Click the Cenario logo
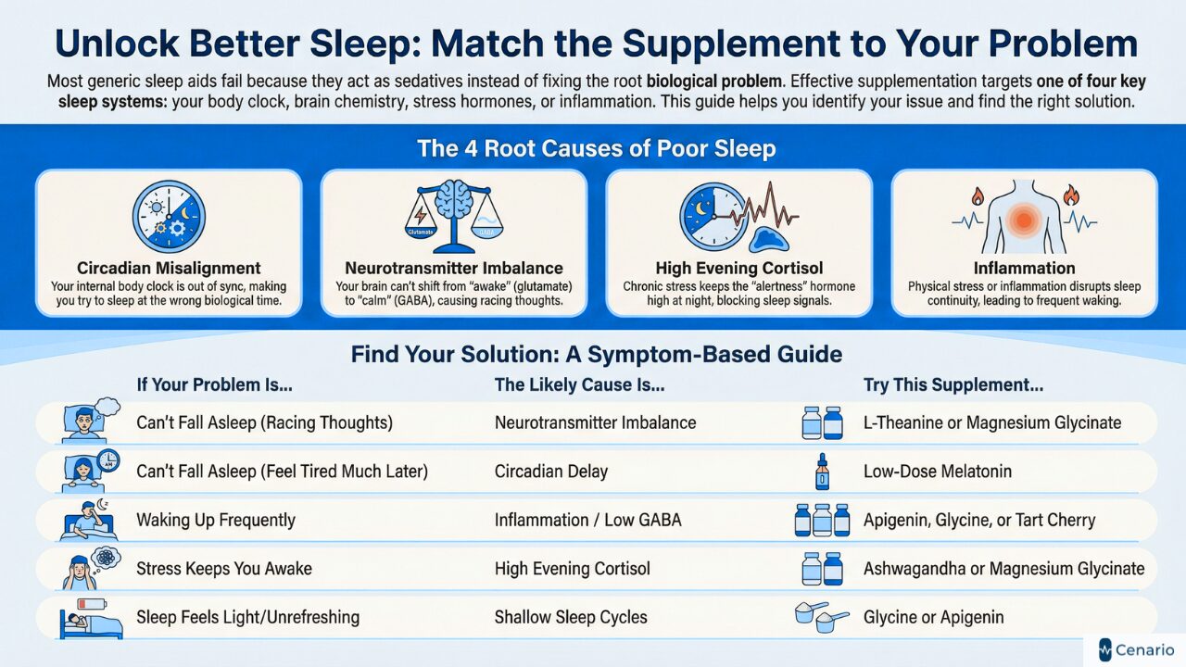[x=1135, y=649]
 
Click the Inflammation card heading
[x=1024, y=269]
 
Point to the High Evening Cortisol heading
[x=738, y=269]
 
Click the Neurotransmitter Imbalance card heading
[x=454, y=269]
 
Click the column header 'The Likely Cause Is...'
[x=579, y=384]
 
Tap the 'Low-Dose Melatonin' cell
[x=937, y=472]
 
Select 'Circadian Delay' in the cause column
[x=551, y=472]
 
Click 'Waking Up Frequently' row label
[x=216, y=520]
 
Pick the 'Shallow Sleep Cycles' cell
[x=571, y=617]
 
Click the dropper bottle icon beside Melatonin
[x=822, y=472]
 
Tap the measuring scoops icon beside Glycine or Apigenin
[x=821, y=617]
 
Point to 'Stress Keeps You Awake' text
[x=223, y=569]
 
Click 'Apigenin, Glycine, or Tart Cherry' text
[x=979, y=520]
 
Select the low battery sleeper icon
[x=83, y=617]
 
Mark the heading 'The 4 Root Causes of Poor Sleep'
[x=596, y=148]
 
